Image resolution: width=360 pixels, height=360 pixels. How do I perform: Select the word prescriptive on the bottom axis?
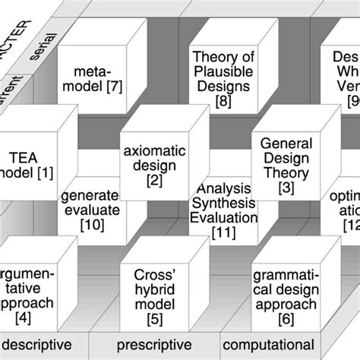click(x=159, y=343)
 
